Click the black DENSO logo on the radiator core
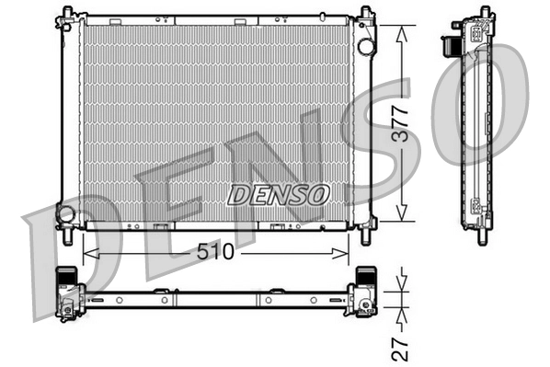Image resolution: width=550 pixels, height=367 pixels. (278, 194)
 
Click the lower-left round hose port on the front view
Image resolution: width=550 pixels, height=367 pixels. (65, 213)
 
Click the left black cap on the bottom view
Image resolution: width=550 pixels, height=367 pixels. (66, 274)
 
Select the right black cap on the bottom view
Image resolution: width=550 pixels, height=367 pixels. (365, 274)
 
